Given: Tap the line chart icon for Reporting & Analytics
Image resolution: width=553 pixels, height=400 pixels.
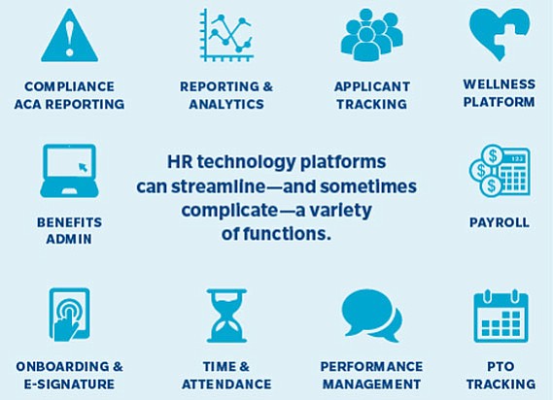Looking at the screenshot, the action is click(226, 35).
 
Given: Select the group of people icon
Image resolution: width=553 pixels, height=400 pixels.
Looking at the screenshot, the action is click(371, 35).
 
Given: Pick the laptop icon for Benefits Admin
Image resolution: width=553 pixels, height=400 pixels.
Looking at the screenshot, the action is click(69, 171).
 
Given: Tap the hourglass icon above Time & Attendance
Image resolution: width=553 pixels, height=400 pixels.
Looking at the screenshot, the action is click(226, 316).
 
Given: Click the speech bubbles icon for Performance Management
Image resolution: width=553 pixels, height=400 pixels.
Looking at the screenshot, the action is click(371, 316).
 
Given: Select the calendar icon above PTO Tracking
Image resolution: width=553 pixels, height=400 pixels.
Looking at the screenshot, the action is click(501, 317).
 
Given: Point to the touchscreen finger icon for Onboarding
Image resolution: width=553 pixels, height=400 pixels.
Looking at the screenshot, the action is click(69, 315).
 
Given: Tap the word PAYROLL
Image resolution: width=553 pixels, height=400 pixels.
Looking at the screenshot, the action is click(500, 222).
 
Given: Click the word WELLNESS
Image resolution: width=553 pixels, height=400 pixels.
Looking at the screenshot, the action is click(500, 84).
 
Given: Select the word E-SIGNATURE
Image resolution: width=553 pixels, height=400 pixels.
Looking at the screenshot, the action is click(69, 383).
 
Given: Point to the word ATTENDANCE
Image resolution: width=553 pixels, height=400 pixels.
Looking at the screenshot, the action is click(226, 383).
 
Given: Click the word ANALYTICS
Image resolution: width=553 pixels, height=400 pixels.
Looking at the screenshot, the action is click(226, 104).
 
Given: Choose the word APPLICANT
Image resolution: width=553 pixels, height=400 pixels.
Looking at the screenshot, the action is click(372, 86).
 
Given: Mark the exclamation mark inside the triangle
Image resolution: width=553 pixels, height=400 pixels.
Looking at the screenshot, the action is click(70, 38).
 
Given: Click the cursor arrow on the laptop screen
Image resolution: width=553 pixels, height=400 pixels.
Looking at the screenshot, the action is click(84, 167).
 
